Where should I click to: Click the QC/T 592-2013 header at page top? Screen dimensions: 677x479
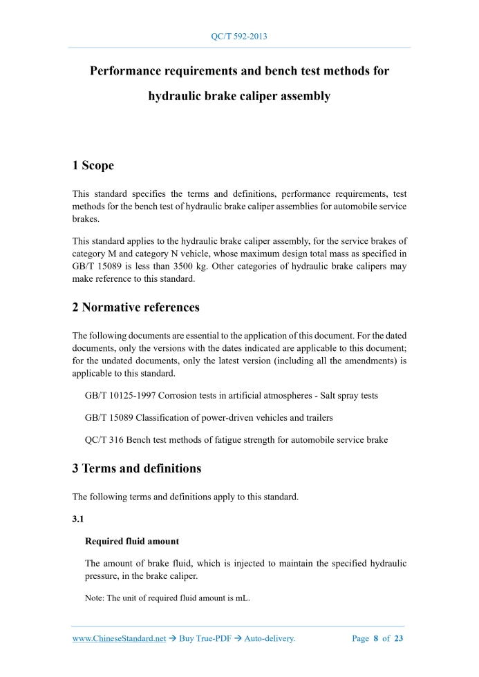pyautogui.click(x=238, y=36)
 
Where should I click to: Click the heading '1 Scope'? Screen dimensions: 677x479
pyautogui.click(x=93, y=165)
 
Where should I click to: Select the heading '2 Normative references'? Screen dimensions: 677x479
pyautogui.click(x=136, y=307)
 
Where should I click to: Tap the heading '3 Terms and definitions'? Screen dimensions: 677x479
pyautogui.click(x=137, y=468)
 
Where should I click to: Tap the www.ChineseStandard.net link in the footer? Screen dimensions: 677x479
pyautogui.click(x=120, y=639)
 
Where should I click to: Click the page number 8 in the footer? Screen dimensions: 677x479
pyautogui.click(x=376, y=639)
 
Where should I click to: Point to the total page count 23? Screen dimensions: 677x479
pyautogui.click(x=398, y=639)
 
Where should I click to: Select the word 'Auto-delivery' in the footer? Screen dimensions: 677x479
pyautogui.click(x=270, y=639)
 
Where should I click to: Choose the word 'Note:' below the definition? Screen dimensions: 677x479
pyautogui.click(x=95, y=598)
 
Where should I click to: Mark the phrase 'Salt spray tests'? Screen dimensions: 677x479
pyautogui.click(x=346, y=396)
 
